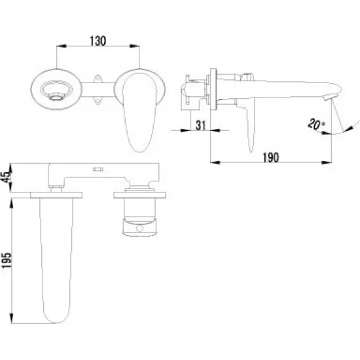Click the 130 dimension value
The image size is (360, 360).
click(x=98, y=41)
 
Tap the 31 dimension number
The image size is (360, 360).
click(x=201, y=126)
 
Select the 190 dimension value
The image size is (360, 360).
click(x=271, y=158)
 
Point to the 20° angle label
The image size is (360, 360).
click(x=316, y=124)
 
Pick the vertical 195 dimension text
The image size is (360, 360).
click(x=6, y=261)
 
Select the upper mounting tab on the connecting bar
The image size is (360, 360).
click(x=98, y=79)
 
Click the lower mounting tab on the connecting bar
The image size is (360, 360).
click(x=98, y=100)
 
